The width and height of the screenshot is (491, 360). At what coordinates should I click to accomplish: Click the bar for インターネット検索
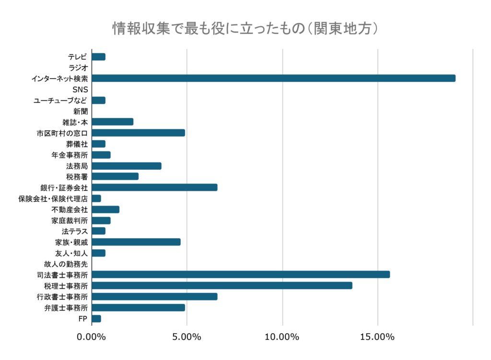(x=273, y=79)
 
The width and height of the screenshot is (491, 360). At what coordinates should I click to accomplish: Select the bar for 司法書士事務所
(x=241, y=275)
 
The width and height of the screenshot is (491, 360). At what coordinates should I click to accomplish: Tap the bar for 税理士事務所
(x=222, y=286)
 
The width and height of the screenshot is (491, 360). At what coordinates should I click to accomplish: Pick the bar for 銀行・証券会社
(x=154, y=187)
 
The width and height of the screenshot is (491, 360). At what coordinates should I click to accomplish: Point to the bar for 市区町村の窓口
(x=138, y=133)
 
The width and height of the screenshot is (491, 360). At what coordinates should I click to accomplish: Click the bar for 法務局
(x=127, y=166)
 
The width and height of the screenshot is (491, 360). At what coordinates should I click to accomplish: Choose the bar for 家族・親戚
(x=136, y=242)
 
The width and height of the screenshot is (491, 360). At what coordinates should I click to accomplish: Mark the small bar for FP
(x=96, y=319)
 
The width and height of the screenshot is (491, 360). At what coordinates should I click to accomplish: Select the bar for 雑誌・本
(x=112, y=122)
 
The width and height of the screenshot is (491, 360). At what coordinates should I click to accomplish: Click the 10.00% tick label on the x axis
(x=282, y=337)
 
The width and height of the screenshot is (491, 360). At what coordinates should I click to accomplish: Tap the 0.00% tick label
(x=92, y=337)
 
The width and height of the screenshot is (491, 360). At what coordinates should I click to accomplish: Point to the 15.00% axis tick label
(x=377, y=337)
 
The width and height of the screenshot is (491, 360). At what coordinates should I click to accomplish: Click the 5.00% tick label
(x=187, y=337)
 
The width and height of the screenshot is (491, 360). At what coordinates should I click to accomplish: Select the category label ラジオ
(x=78, y=68)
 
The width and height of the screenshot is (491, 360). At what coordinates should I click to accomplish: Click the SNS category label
(x=80, y=90)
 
